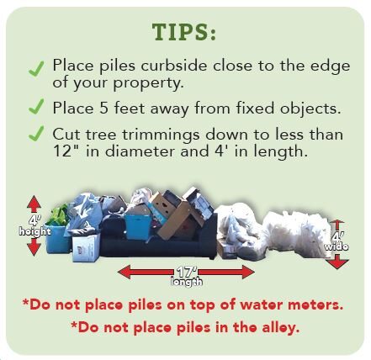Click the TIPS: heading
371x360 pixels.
tap(184, 32)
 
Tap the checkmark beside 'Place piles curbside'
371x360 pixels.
tap(36, 69)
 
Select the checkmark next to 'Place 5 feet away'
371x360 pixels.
tap(36, 106)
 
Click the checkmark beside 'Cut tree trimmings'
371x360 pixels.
tap(36, 134)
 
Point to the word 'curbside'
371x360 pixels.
tap(174, 66)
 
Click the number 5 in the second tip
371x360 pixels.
tap(103, 109)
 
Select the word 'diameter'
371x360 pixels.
tap(140, 151)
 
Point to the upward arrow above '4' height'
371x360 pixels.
tap(34, 204)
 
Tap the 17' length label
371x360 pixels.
tap(186, 277)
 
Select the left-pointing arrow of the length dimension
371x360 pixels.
tap(146, 273)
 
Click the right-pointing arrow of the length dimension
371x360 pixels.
tap(226, 273)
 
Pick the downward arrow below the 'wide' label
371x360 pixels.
tap(337, 262)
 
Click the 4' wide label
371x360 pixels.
tap(337, 241)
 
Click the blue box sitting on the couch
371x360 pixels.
tap(138, 226)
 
